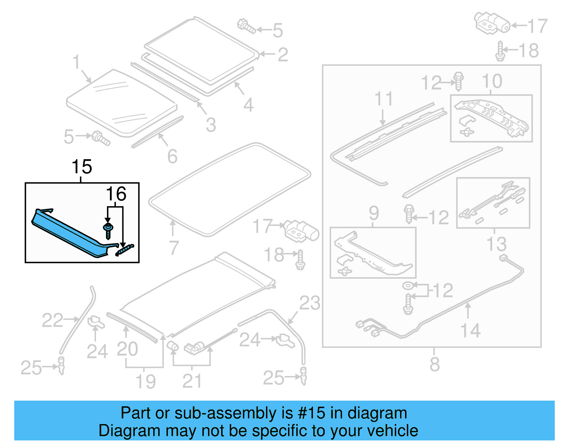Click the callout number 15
[x=82, y=167]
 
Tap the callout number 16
[x=116, y=194]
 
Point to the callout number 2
[x=283, y=54]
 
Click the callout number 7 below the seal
[x=174, y=248]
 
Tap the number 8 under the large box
[x=435, y=364]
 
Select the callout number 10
[x=492, y=81]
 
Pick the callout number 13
[x=496, y=244]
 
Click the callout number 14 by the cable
[x=470, y=330]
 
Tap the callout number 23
[x=309, y=303]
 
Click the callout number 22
[x=52, y=320]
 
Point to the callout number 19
[x=146, y=381]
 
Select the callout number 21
[x=192, y=381]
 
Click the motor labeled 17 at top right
[x=492, y=23]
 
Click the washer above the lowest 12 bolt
[x=407, y=285]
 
